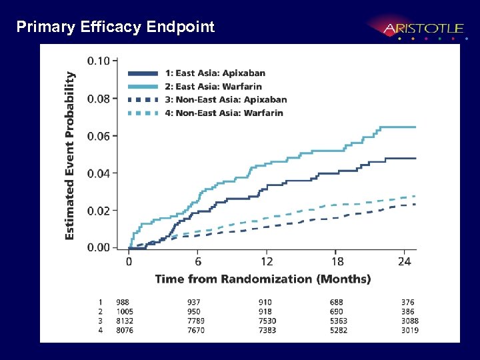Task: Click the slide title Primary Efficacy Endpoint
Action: (115, 27)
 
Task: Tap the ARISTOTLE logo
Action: (423, 29)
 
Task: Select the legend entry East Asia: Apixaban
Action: (220, 73)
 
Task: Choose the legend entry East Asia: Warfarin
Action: (218, 87)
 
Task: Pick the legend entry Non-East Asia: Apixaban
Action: (231, 100)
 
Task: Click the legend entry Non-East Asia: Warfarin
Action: (229, 113)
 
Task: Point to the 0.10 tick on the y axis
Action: (99, 61)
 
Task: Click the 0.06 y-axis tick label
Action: (99, 136)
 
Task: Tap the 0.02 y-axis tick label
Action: (99, 211)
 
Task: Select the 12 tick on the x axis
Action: (267, 261)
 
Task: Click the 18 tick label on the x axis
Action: (338, 261)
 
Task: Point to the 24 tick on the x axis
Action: (405, 261)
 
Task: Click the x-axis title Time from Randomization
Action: (263, 279)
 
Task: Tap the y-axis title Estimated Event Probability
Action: (70, 155)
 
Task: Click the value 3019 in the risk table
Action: (409, 331)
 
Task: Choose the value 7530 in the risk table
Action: (267, 321)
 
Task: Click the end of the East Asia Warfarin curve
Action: (416, 127)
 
